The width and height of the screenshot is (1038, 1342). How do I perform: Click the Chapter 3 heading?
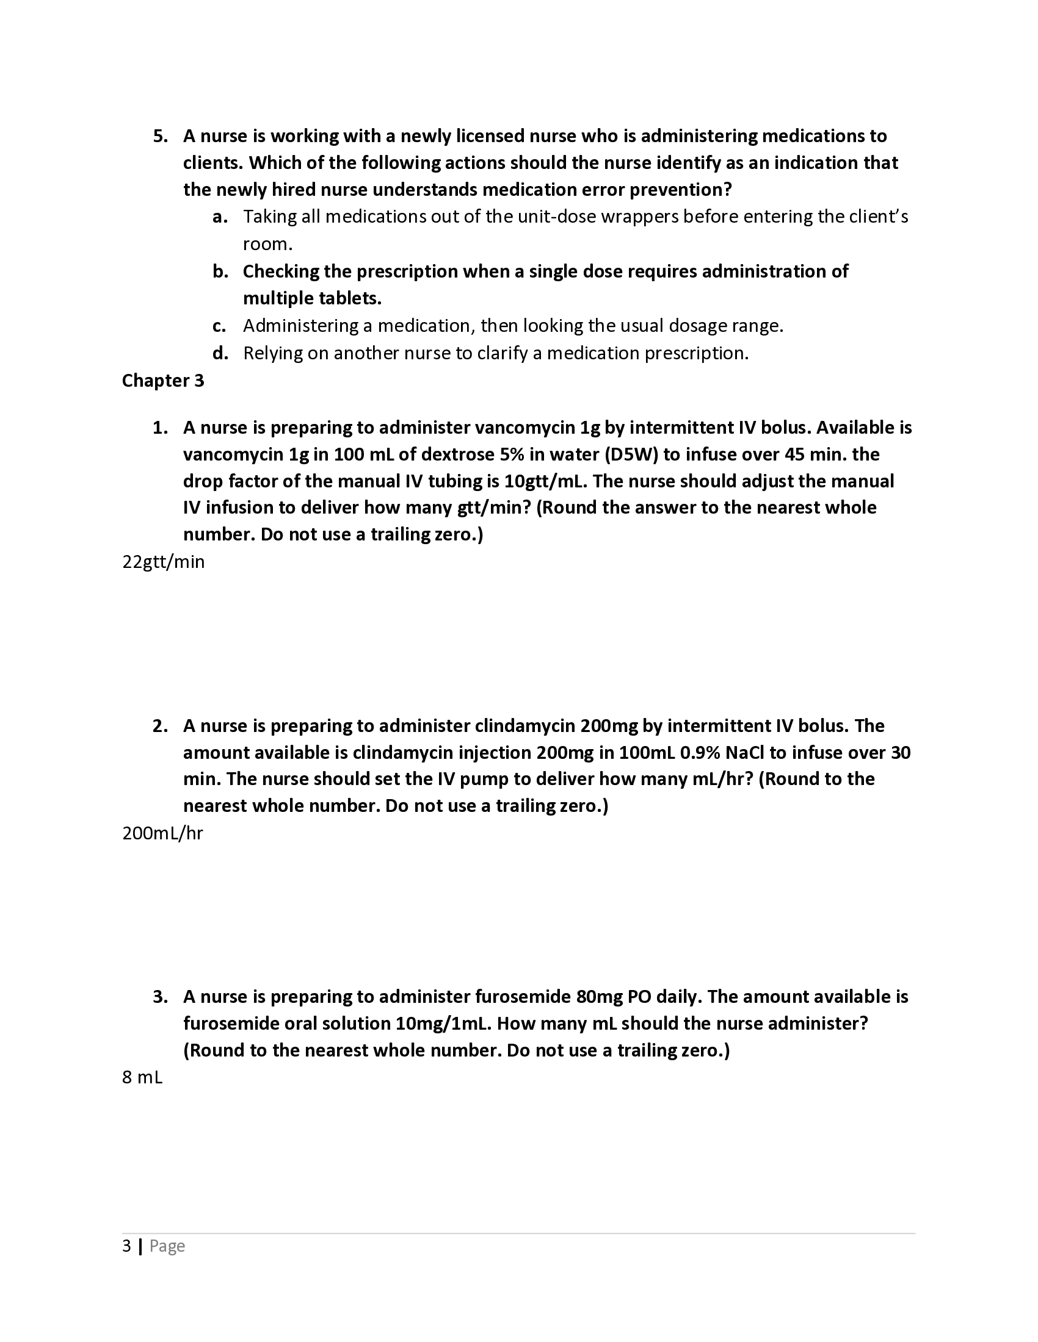point(163,381)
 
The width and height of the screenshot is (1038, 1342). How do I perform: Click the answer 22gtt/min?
point(164,562)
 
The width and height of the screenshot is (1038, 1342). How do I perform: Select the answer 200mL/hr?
point(162,833)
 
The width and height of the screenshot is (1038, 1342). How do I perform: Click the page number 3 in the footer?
point(126,1246)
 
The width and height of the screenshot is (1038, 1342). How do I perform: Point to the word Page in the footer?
point(167,1246)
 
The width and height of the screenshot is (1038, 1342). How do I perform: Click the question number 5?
point(160,136)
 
